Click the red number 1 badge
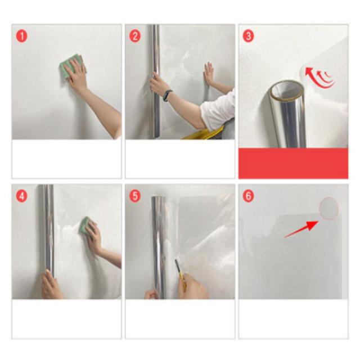pyautogui.click(x=21, y=36)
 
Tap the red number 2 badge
pyautogui.click(x=135, y=36)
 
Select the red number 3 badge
pyautogui.click(x=248, y=36)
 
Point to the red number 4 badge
pyautogui.click(x=21, y=196)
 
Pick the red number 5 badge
pyautogui.click(x=135, y=196)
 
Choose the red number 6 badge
pyautogui.click(x=248, y=196)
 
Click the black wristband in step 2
pyautogui.click(x=168, y=95)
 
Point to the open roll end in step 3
pyautogui.click(x=287, y=90)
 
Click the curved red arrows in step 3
pyautogui.click(x=320, y=77)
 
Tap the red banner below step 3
pyautogui.click(x=293, y=163)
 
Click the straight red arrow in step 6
pyautogui.click(x=301, y=229)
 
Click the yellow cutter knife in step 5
pyautogui.click(x=181, y=274)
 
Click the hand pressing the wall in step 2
pyautogui.click(x=209, y=74)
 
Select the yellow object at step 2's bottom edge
pyautogui.click(x=202, y=134)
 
